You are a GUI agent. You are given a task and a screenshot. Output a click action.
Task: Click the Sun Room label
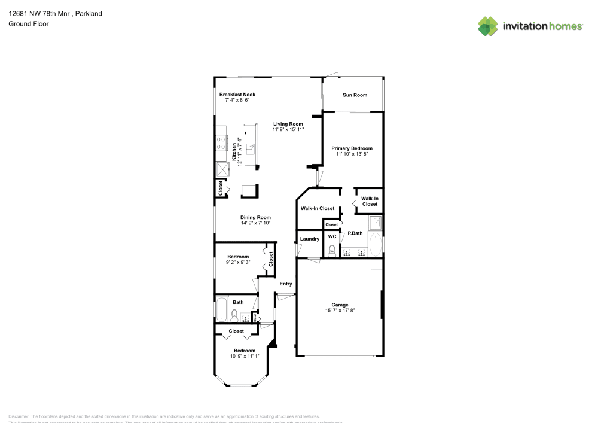[x=355, y=95]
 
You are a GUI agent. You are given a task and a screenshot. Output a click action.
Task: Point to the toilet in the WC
[x=332, y=249]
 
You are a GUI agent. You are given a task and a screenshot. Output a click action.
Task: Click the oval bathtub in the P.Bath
[x=375, y=245]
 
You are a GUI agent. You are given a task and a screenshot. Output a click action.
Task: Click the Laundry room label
[x=309, y=239]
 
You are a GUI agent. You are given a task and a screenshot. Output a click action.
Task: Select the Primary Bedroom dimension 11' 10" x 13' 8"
[x=352, y=154]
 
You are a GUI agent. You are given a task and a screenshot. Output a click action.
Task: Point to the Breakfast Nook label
[x=237, y=95]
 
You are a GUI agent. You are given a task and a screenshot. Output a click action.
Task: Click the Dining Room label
[x=256, y=217]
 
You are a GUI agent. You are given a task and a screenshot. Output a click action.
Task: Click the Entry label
[x=286, y=284]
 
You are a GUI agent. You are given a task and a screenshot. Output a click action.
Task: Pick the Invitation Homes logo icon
[x=488, y=26]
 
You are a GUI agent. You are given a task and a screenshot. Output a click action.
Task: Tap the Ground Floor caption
[x=29, y=24]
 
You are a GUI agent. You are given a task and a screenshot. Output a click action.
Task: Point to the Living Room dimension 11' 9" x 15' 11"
[x=288, y=129]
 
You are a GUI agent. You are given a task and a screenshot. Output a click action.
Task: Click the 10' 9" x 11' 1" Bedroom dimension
[x=245, y=357]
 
